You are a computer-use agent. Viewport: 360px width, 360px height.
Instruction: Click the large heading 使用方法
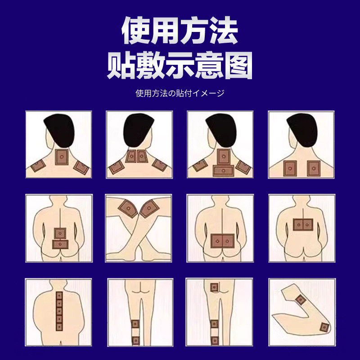click(x=180, y=31)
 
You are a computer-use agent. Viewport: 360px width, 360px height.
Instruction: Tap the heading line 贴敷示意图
click(x=180, y=67)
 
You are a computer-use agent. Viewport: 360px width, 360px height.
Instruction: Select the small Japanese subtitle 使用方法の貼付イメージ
click(x=180, y=94)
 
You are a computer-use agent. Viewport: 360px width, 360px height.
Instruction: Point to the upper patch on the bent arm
click(x=300, y=299)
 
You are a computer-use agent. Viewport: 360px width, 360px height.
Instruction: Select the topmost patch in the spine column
click(x=58, y=296)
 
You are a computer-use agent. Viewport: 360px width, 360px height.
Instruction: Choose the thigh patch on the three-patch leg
click(x=214, y=287)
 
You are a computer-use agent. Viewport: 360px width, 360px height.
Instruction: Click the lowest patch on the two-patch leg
click(x=135, y=340)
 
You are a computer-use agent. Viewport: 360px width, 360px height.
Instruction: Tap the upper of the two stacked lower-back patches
click(x=60, y=233)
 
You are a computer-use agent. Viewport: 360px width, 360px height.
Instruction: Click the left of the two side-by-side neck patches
click(x=130, y=156)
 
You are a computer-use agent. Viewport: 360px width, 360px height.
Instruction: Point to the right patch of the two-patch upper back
click(x=313, y=168)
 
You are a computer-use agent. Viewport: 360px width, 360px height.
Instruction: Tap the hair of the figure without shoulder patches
click(x=301, y=129)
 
